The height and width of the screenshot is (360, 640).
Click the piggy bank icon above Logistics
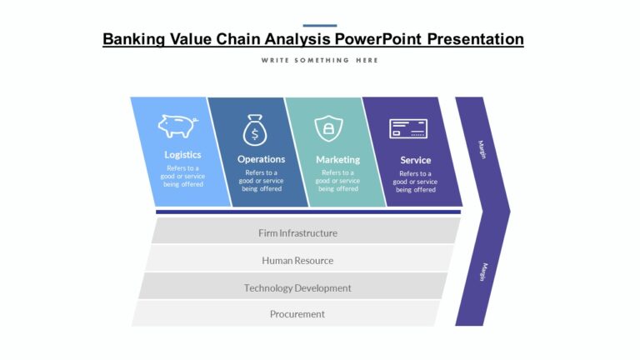coord(177,126)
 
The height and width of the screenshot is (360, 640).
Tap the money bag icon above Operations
coord(254,131)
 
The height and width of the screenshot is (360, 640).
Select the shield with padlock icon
coord(328,128)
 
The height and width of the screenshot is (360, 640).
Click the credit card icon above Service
coord(408,128)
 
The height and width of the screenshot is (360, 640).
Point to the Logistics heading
coord(182,154)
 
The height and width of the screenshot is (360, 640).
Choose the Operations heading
coord(261,158)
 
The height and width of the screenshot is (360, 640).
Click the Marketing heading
coord(337,159)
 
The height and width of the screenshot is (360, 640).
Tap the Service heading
coord(415,160)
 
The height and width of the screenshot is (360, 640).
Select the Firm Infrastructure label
coord(297,233)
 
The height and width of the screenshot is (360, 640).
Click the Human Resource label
coord(297,260)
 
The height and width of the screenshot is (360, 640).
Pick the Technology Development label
coord(297,287)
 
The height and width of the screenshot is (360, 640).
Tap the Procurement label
coord(297,314)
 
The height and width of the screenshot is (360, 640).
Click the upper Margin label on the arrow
coord(482,149)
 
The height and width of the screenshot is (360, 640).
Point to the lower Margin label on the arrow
coord(482,272)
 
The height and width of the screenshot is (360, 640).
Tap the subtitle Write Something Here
coord(319,60)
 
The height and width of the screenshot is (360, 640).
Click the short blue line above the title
coord(319,26)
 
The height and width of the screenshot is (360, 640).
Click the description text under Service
coord(415,181)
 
